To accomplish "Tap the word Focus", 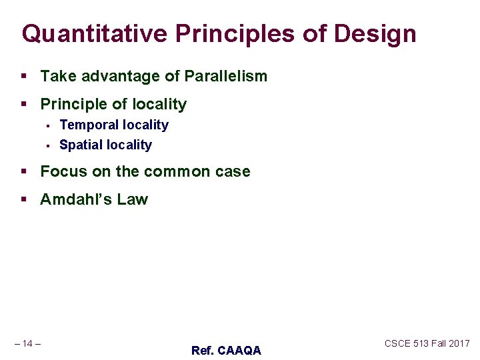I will pyautogui.click(x=63, y=171).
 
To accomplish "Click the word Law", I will pyautogui.click(x=134, y=199).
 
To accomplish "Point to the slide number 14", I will pyautogui.click(x=27, y=343).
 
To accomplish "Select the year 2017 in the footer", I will pyautogui.click(x=459, y=343).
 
